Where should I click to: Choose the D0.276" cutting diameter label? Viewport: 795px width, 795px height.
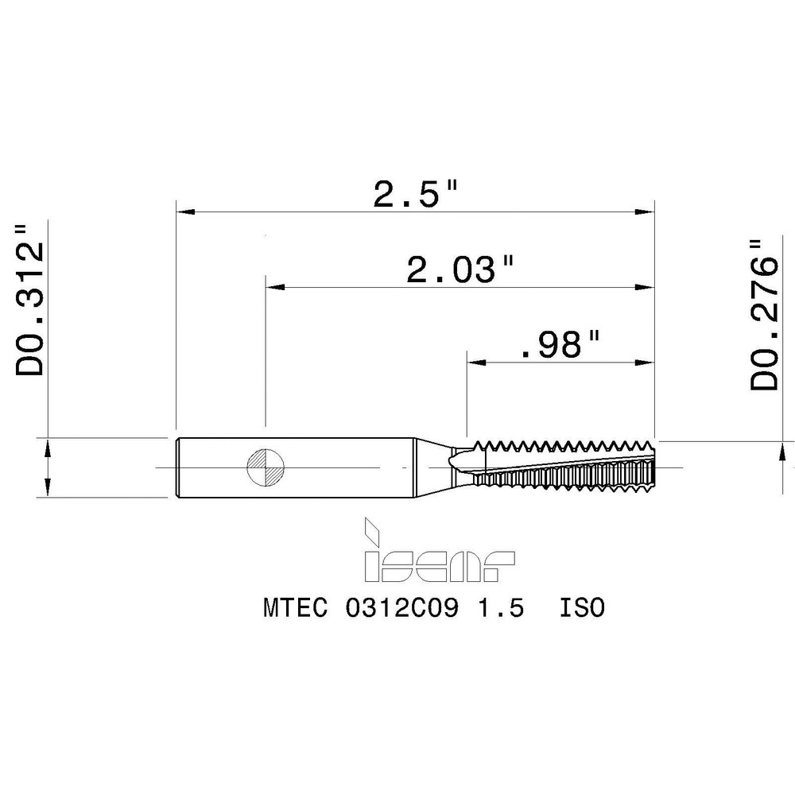point(766,315)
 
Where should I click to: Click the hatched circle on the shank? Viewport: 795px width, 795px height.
point(265,467)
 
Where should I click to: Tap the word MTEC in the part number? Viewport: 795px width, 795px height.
point(295,609)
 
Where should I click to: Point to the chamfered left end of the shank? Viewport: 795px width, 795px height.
point(177,467)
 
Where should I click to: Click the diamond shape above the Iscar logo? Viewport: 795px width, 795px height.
point(371,527)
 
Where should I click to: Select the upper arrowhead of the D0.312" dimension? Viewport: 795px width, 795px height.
point(49,447)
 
